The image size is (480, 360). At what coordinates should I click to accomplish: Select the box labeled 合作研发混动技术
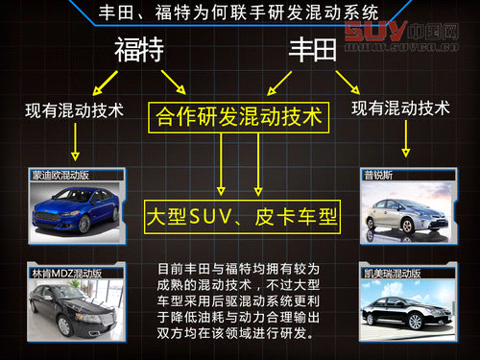[239, 118]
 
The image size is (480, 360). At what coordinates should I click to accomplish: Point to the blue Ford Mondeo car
[74, 209]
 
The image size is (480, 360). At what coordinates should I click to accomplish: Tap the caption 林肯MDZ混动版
[64, 273]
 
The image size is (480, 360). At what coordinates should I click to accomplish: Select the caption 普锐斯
[378, 177]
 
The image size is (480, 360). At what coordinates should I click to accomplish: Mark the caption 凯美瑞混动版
[395, 273]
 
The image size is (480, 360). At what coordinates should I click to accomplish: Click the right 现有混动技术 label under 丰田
[401, 108]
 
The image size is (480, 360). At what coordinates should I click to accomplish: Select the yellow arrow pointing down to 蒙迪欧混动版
[74, 142]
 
